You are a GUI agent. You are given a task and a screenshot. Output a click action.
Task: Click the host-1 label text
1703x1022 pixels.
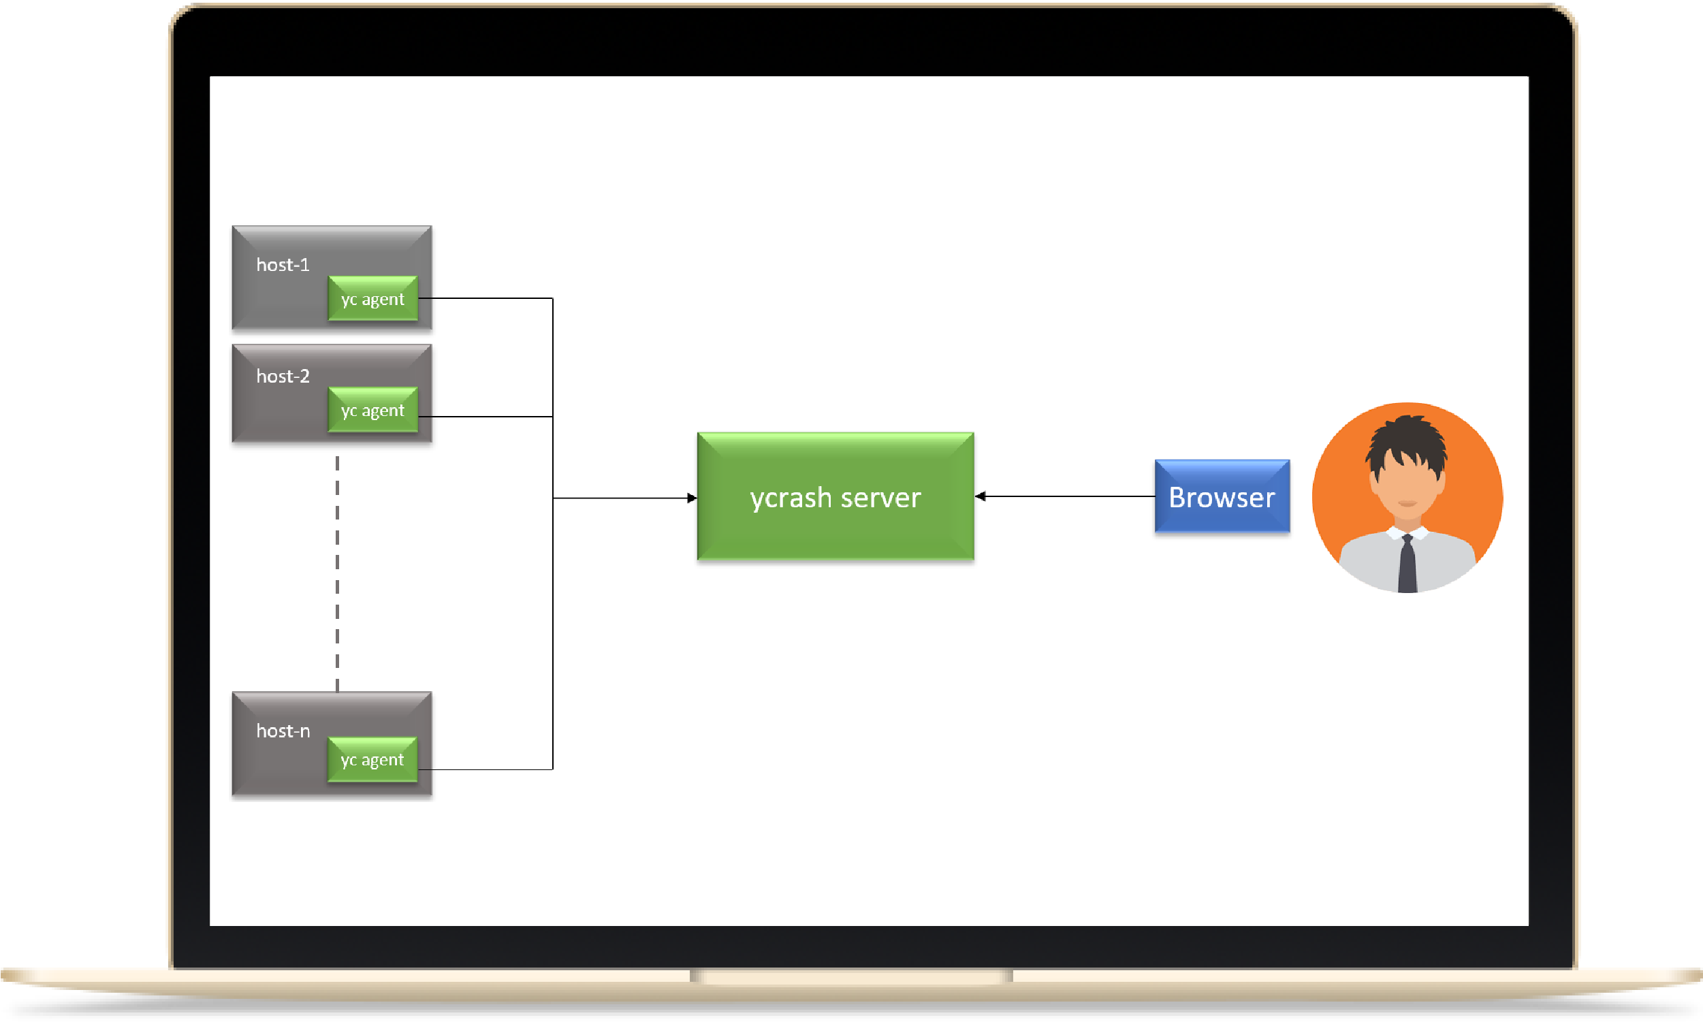tap(283, 264)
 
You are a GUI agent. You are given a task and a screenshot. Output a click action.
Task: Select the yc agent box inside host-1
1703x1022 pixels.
tap(372, 298)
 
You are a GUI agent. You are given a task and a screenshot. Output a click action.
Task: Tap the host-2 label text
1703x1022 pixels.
tap(283, 376)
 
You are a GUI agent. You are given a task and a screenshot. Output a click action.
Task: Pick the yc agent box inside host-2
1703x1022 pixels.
tap(372, 410)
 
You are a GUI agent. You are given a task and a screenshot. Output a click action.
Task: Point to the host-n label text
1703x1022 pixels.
tap(283, 731)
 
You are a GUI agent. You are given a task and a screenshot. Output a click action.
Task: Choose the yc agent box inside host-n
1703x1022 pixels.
tap(372, 759)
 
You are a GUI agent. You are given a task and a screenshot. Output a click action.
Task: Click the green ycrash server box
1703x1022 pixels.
tap(835, 496)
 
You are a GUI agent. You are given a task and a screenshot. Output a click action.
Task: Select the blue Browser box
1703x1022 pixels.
tap(1222, 496)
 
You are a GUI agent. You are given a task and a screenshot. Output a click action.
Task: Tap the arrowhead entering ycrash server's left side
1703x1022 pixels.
tap(692, 498)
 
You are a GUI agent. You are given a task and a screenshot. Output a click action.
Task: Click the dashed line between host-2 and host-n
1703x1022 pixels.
tap(338, 574)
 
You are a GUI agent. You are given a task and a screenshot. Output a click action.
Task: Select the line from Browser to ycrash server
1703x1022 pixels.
tap(1065, 496)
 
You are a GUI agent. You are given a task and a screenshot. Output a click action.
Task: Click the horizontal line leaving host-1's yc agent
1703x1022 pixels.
tap(486, 298)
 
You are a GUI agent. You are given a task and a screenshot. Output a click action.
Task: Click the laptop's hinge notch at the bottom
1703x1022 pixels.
tap(851, 976)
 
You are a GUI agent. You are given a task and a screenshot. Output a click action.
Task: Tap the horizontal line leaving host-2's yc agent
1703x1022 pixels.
tap(486, 417)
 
